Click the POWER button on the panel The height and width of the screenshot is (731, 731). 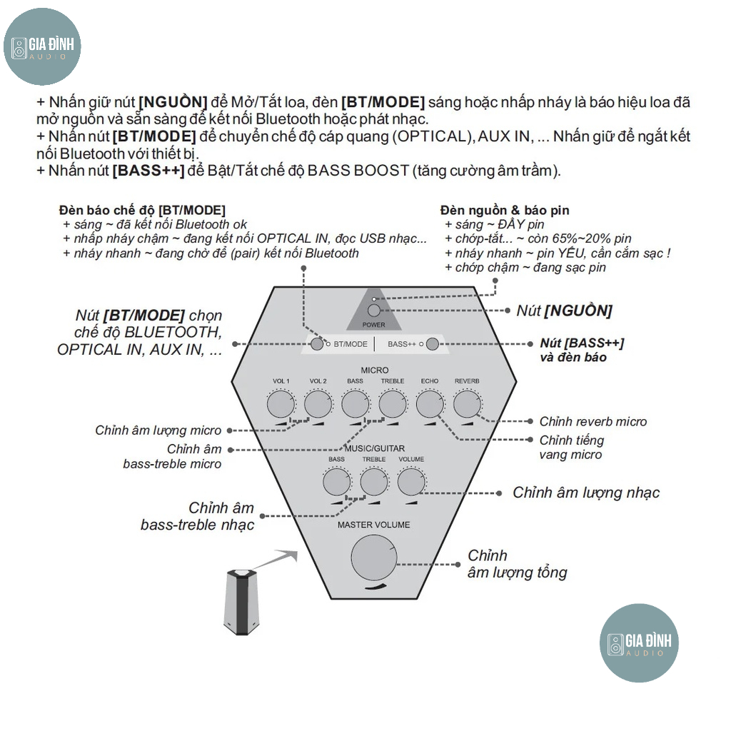pos(374,311)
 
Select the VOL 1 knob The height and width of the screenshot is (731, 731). pos(281,405)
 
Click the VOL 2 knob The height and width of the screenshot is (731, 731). pos(318,405)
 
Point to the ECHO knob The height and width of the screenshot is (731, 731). pos(429,405)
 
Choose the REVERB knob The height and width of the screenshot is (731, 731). pos(466,405)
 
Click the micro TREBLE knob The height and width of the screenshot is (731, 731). pos(392,405)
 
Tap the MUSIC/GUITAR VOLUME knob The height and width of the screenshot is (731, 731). pos(410,483)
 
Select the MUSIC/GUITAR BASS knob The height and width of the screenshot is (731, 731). pos(336,483)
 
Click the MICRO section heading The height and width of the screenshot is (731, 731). pos(374,370)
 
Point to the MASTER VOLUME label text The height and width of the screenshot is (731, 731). pos(374,525)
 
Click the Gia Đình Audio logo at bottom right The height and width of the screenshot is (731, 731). pos(638,642)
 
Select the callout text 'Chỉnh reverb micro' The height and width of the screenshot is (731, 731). pos(593,422)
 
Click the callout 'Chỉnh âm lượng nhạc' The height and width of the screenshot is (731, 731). pos(586,493)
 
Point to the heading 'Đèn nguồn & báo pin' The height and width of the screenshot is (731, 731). pos(505,210)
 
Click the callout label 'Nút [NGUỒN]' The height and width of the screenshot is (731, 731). pos(564,311)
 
